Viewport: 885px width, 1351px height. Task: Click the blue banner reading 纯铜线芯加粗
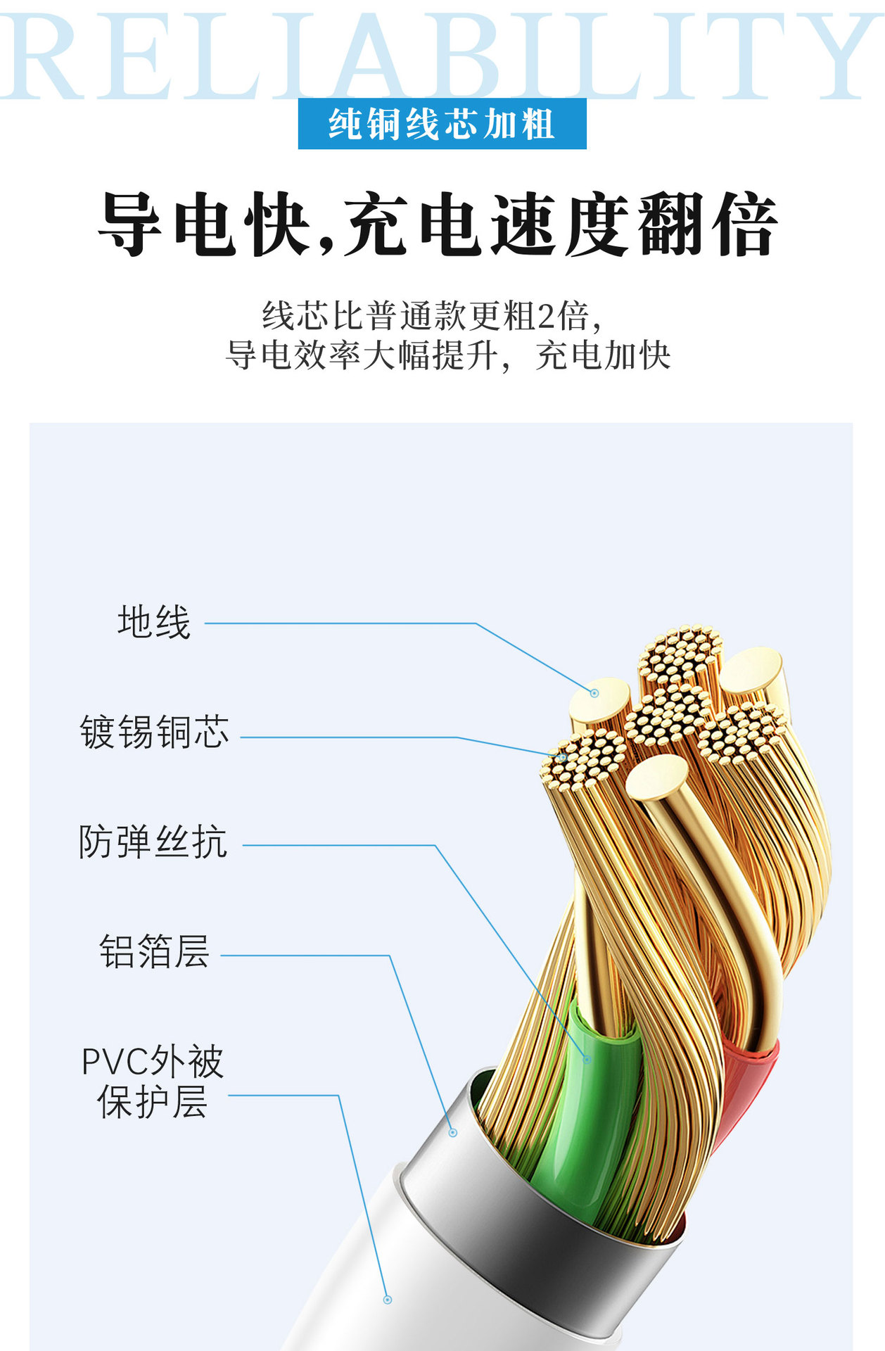(x=442, y=124)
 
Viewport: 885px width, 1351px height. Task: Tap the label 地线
(x=154, y=623)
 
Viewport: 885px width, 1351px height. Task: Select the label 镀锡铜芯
(x=155, y=732)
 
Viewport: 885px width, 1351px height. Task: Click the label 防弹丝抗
(x=153, y=842)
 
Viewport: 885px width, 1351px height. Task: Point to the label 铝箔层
(x=154, y=952)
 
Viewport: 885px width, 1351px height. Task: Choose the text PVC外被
(x=153, y=1062)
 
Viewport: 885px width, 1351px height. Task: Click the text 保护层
(x=153, y=1102)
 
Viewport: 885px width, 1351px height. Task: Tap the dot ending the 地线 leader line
(x=594, y=693)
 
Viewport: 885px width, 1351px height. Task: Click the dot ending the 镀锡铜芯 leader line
(x=563, y=756)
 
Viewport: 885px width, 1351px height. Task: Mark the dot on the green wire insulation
(x=587, y=1058)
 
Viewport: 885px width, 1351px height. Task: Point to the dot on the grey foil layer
(x=453, y=1133)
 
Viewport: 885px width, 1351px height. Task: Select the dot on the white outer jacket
(x=387, y=1300)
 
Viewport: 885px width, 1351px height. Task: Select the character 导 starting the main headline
(x=131, y=224)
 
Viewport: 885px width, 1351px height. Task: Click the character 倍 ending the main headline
(x=744, y=224)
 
